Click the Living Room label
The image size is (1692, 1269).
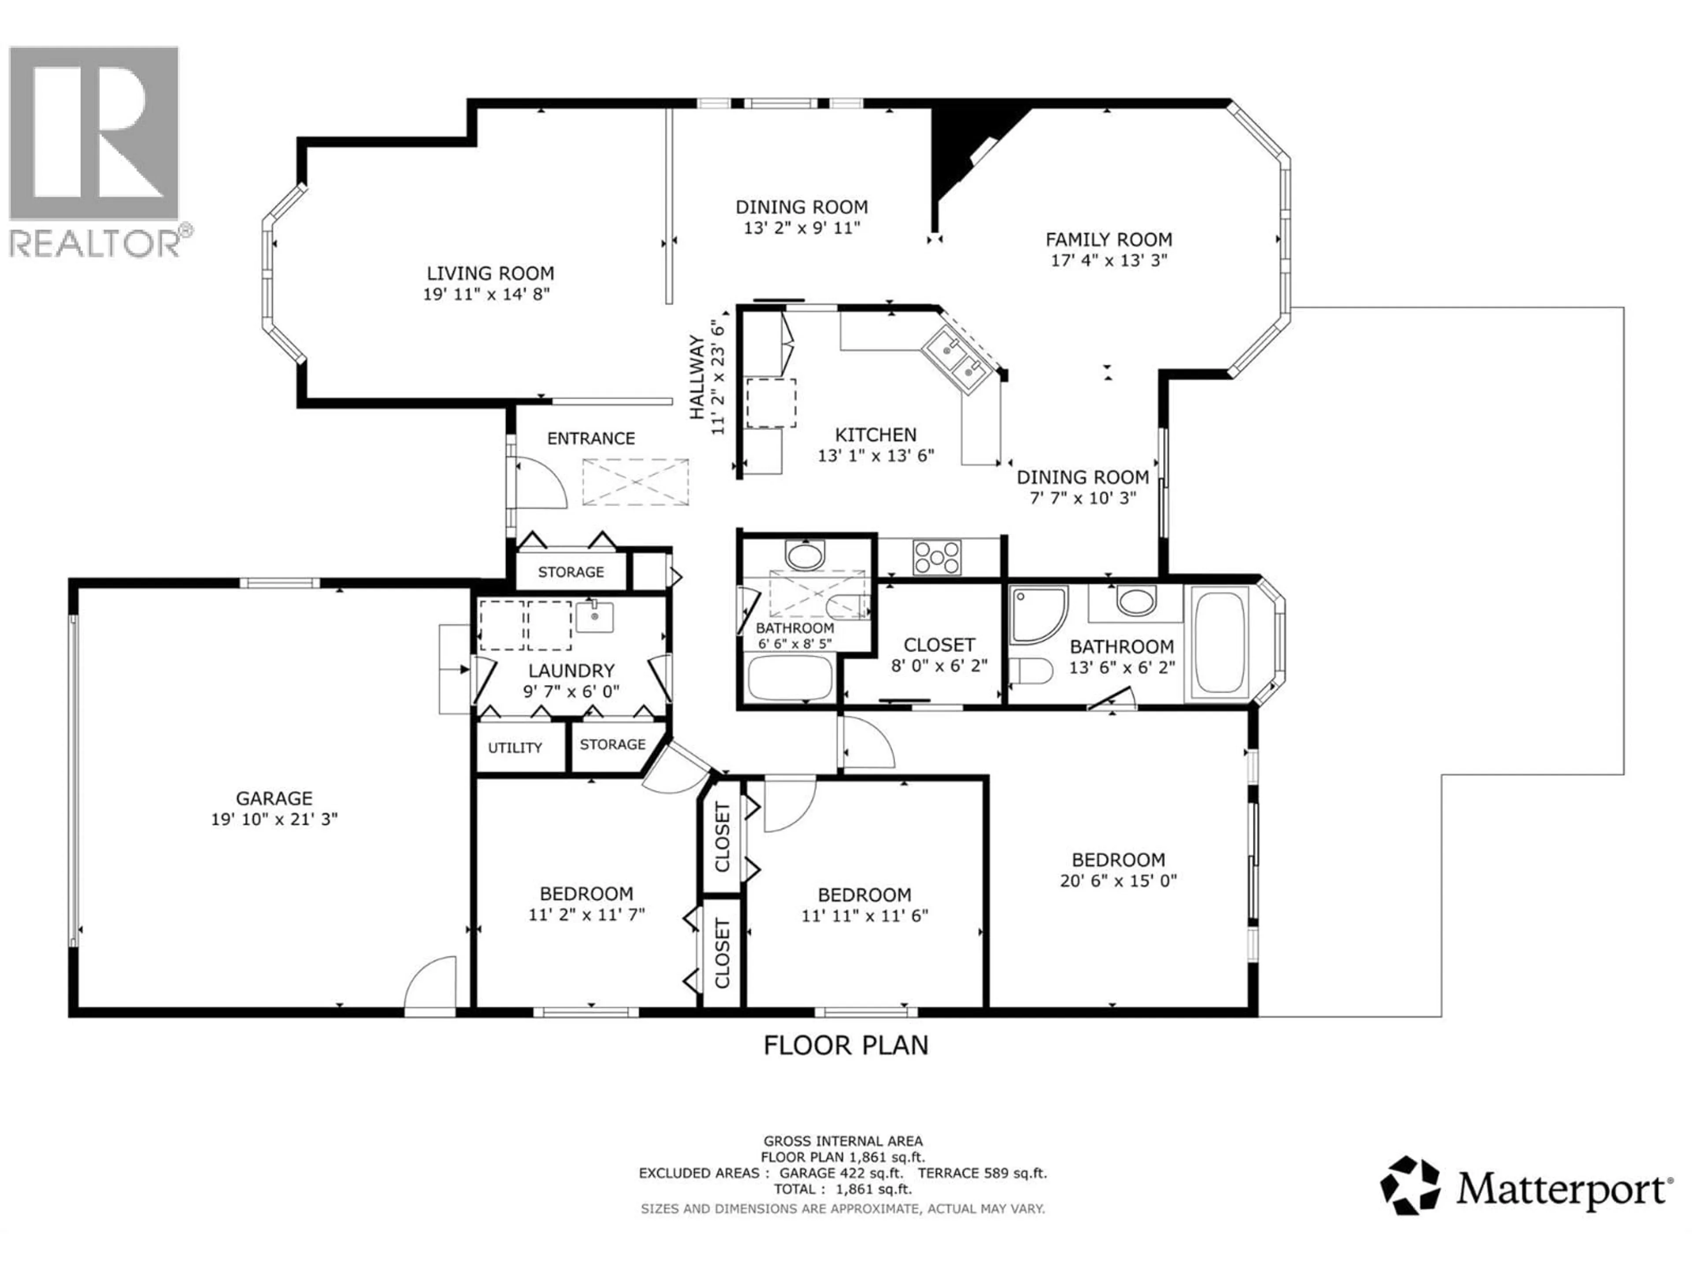pyautogui.click(x=490, y=273)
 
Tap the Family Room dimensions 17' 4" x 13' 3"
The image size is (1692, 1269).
pyautogui.click(x=1108, y=260)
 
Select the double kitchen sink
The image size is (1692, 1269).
pyautogui.click(x=961, y=360)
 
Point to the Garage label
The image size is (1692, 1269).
pyautogui.click(x=274, y=798)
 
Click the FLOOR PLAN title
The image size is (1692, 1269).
pyautogui.click(x=845, y=1045)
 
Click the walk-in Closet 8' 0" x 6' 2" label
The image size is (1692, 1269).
pyautogui.click(x=939, y=655)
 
